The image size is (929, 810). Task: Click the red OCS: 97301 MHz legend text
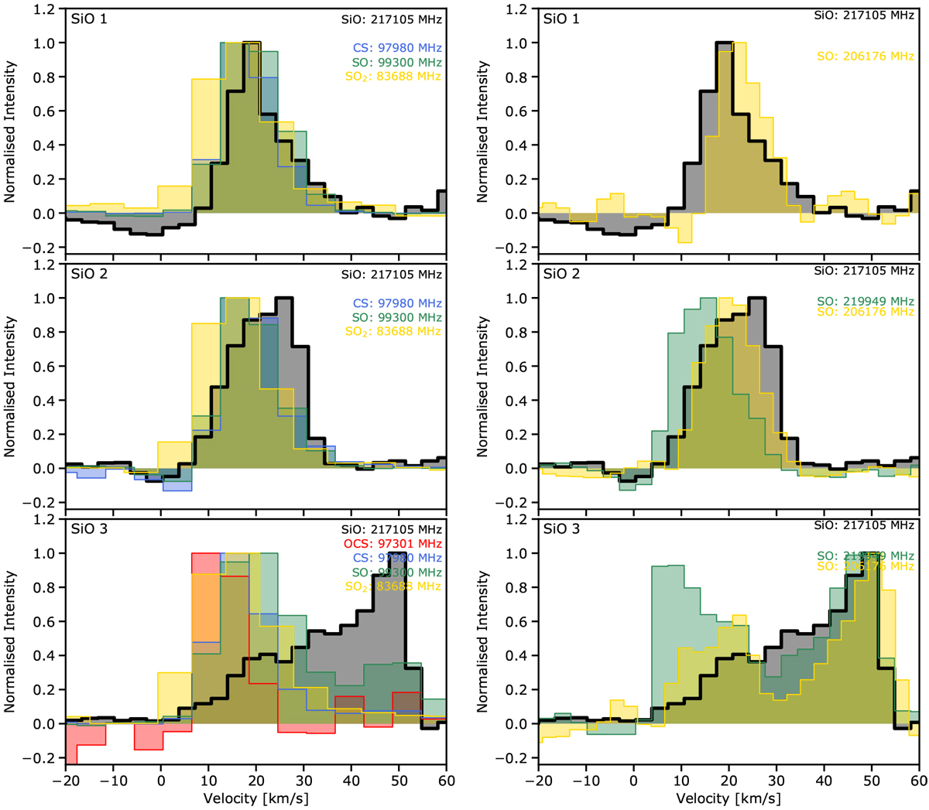392,544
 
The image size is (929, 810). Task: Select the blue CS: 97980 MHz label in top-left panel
397,48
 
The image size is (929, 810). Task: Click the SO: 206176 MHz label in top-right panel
866,56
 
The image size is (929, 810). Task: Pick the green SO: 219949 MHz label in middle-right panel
866,301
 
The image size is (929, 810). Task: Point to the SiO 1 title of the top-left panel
89,19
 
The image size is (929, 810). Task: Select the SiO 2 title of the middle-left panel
89,274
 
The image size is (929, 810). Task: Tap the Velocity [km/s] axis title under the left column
255,798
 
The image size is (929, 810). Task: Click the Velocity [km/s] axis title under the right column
728,798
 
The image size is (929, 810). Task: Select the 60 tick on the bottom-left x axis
446,780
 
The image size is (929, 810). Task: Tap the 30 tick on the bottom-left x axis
303,780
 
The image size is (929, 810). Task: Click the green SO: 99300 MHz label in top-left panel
397,62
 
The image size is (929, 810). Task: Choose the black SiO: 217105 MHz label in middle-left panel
392,274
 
